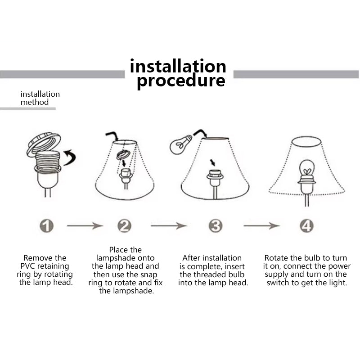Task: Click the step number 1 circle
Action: pos(47,226)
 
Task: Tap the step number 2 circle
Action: pos(125,226)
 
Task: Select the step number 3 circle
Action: pos(216,226)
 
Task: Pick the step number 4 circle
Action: pos(307,226)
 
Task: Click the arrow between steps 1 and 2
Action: pos(85,226)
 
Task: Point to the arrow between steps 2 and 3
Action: pos(168,226)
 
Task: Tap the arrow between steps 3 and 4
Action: pos(261,226)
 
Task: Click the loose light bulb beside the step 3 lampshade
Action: pos(180,144)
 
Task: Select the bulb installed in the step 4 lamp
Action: pos(307,169)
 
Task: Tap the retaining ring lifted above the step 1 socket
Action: pos(44,144)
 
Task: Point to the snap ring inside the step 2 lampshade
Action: pos(123,155)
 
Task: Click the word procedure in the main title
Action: pos(181,81)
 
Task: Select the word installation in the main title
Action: pos(178,66)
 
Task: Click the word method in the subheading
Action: pos(35,102)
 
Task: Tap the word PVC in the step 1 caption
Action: pos(28,266)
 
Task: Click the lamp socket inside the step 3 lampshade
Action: pos(215,177)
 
